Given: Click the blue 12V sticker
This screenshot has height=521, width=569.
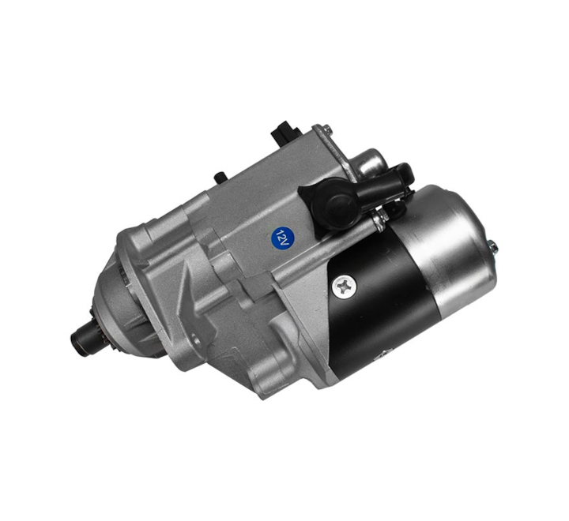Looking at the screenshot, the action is point(283,238).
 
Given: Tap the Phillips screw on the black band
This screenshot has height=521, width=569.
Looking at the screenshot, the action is point(344,287).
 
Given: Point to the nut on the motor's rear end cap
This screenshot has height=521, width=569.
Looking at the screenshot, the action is point(492,248).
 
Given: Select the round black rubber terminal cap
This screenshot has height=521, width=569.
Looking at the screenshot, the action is point(332,204).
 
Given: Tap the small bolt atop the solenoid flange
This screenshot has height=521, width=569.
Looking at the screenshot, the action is point(327,129).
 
